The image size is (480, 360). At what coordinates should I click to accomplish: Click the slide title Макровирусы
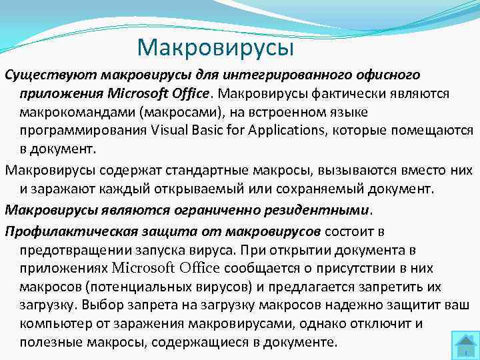(x=215, y=47)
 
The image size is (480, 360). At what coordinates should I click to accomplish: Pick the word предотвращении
(x=82, y=250)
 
